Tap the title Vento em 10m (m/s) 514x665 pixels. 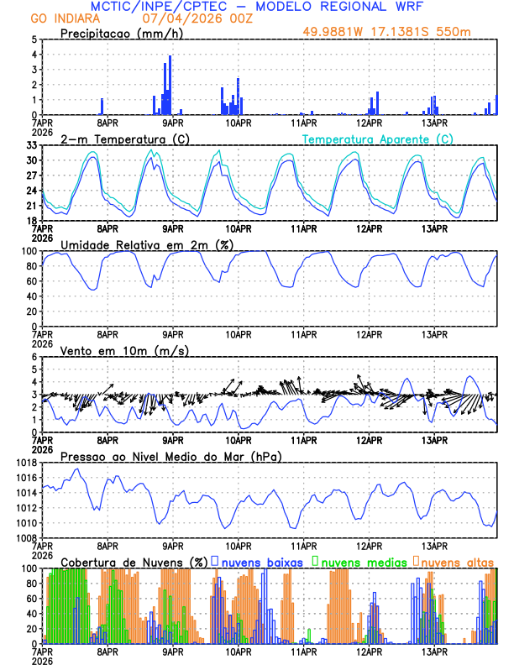tap(118, 350)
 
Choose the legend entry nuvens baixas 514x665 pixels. tap(255, 561)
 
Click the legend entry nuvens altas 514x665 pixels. tap(457, 561)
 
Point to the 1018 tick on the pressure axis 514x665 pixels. tap(27, 463)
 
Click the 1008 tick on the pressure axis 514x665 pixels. tap(27, 537)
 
